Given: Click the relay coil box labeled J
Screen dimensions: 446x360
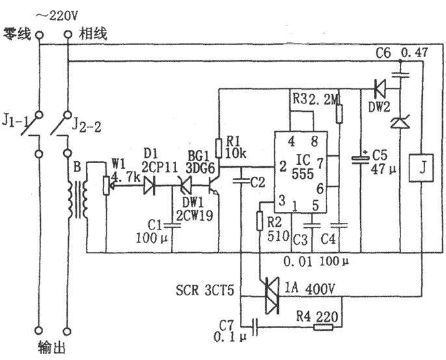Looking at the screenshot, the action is [x=421, y=168].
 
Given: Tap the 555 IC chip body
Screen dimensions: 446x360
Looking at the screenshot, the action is [x=300, y=172].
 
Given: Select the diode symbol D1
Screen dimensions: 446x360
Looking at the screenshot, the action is [x=150, y=186].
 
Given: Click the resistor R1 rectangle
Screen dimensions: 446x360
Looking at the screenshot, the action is [x=218, y=148].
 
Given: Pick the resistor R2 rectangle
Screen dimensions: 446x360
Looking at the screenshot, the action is [x=259, y=221].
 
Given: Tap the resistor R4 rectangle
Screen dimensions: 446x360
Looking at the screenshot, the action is [x=323, y=328].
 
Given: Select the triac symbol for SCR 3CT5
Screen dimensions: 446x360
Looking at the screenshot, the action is [x=272, y=296].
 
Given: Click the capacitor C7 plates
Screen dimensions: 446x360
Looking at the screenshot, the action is [x=255, y=327].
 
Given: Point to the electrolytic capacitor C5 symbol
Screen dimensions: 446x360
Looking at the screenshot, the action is [x=360, y=159].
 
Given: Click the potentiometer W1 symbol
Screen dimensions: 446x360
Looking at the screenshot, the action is [x=107, y=185].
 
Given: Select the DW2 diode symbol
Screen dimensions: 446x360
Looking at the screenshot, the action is [x=380, y=89].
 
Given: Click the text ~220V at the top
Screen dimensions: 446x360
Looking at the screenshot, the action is [x=57, y=16].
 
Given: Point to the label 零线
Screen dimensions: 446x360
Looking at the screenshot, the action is [x=17, y=34].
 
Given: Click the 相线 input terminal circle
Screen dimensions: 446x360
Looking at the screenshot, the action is [x=68, y=34].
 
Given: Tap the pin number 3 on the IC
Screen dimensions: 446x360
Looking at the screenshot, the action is [x=282, y=201].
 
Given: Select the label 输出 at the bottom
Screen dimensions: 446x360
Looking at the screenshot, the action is [x=52, y=348].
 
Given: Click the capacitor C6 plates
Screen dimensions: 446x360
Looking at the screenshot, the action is [x=400, y=75].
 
